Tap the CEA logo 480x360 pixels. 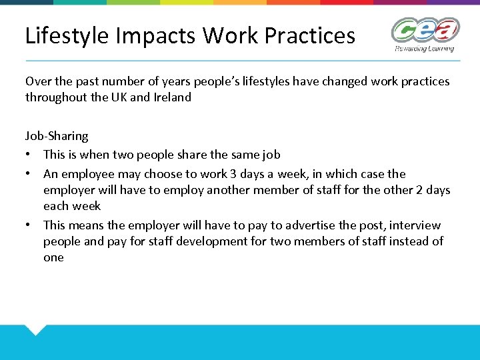[x=425, y=31]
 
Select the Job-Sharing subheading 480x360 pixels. [x=57, y=136]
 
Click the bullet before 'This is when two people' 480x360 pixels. [x=29, y=155]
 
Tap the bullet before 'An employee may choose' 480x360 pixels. [x=29, y=174]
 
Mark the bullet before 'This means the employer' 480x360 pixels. [x=29, y=225]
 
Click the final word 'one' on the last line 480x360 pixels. [x=53, y=257]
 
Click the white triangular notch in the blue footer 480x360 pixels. [x=35, y=329]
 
